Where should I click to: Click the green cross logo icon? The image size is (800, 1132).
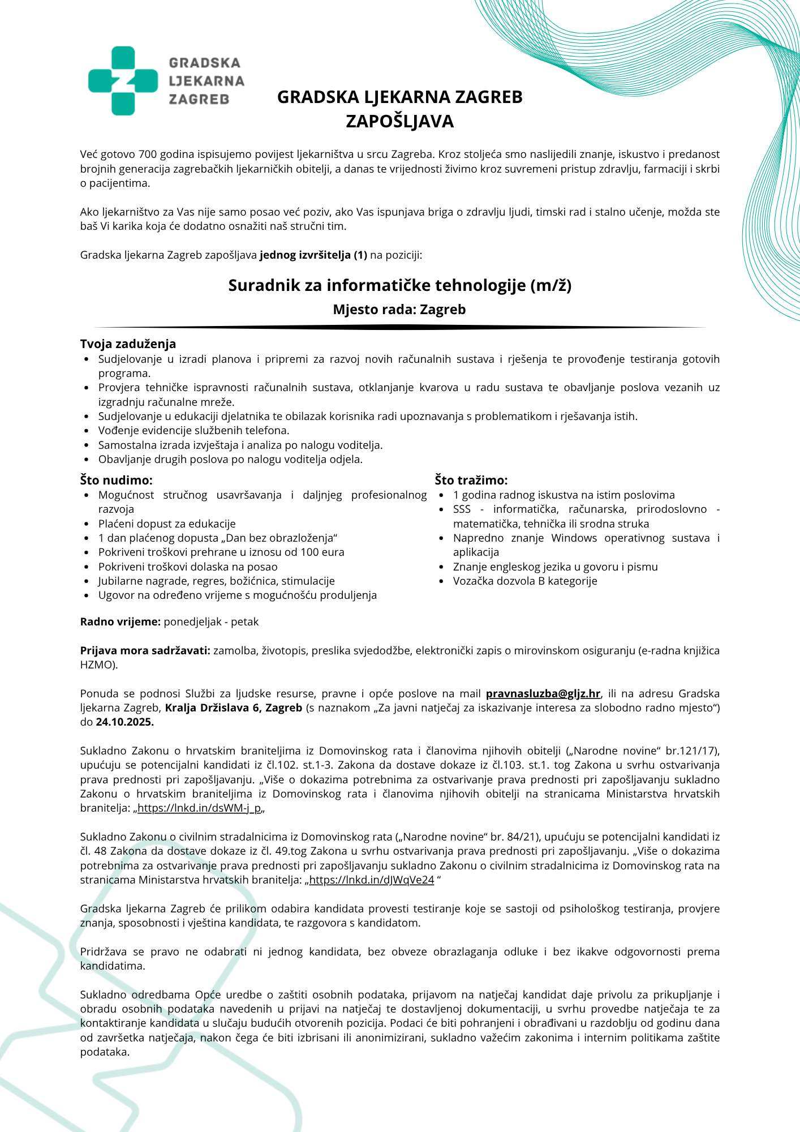[x=123, y=81]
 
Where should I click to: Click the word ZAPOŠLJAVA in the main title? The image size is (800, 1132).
[x=399, y=121]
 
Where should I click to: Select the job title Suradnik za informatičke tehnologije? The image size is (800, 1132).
[x=399, y=285]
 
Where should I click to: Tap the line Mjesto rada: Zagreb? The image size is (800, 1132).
[x=399, y=310]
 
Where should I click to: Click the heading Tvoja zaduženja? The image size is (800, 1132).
[x=128, y=344]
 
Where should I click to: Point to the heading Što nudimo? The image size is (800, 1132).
[x=116, y=480]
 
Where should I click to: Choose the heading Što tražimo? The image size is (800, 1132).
[x=471, y=480]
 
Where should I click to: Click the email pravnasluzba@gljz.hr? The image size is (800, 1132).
[x=543, y=693]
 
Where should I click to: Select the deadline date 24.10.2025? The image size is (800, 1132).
[x=124, y=722]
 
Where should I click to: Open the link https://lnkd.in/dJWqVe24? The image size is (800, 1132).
[x=371, y=880]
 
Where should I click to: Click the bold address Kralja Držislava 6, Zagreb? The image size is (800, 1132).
[x=233, y=707]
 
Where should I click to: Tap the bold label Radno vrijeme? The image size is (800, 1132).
[x=121, y=621]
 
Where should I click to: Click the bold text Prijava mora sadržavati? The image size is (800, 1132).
[x=145, y=650]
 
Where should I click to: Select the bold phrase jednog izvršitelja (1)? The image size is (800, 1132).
[x=313, y=255]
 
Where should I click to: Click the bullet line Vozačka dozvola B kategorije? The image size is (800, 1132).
[x=524, y=581]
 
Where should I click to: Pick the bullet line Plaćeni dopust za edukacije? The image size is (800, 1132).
[x=167, y=524]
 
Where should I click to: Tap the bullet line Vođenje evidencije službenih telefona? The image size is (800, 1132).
[x=193, y=430]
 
